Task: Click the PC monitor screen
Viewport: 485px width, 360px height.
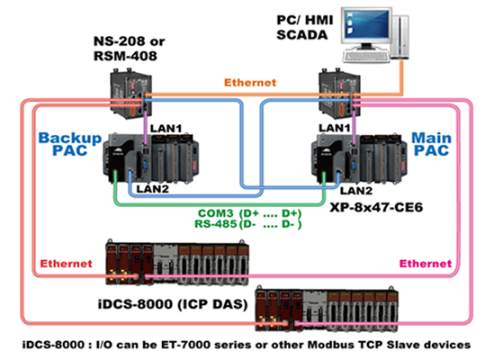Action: pyautogui.click(x=367, y=24)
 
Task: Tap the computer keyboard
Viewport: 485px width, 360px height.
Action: pyautogui.click(x=365, y=57)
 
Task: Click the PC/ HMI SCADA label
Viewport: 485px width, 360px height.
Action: pyautogui.click(x=305, y=28)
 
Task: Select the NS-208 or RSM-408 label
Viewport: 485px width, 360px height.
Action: pyautogui.click(x=129, y=49)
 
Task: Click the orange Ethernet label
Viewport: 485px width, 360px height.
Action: pyautogui.click(x=250, y=83)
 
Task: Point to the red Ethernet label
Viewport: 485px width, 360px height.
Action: pyautogui.click(x=67, y=264)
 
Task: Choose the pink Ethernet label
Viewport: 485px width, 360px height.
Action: pyautogui.click(x=426, y=264)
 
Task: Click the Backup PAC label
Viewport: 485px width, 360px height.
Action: pyautogui.click(x=70, y=144)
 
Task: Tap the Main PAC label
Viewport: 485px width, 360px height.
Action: pyautogui.click(x=431, y=144)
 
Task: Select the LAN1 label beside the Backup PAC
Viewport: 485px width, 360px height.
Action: pyautogui.click(x=166, y=129)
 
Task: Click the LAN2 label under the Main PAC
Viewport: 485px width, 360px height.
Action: pyautogui.click(x=356, y=191)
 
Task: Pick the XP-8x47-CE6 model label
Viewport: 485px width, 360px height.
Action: pyautogui.click(x=376, y=207)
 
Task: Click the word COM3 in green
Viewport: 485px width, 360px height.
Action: pyautogui.click(x=216, y=213)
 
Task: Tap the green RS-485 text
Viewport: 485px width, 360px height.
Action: pyautogui.click(x=216, y=223)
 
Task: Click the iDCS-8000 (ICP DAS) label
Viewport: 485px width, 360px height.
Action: pyautogui.click(x=173, y=304)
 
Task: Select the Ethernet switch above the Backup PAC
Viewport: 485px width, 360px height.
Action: pyautogui.click(x=130, y=95)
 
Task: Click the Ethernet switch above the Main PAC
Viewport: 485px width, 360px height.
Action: pyautogui.click(x=339, y=95)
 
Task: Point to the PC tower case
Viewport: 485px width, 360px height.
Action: pyautogui.click(x=400, y=37)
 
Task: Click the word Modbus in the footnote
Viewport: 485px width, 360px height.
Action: pyautogui.click(x=329, y=345)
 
